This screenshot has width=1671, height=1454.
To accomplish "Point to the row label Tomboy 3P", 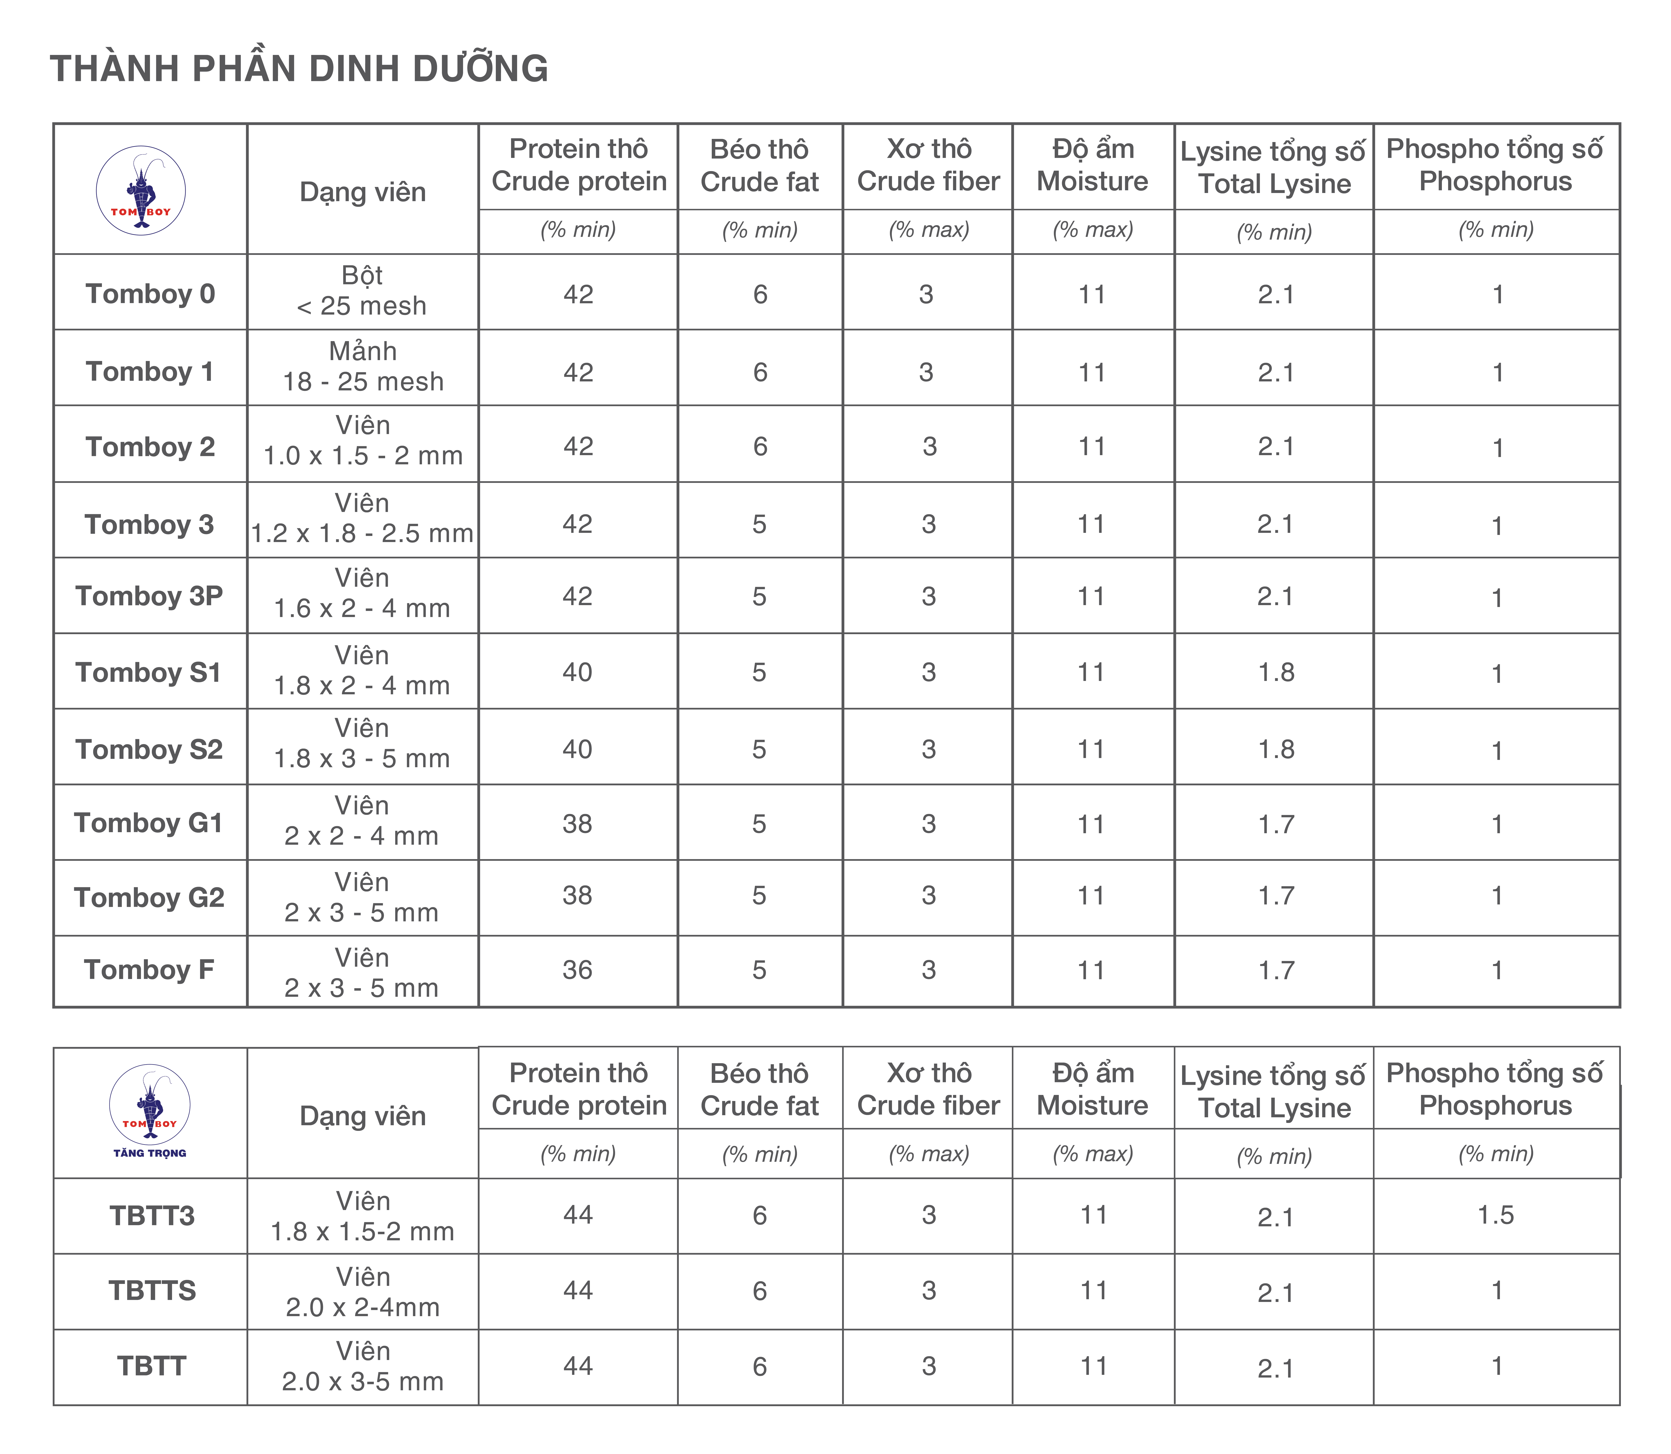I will pos(149,596).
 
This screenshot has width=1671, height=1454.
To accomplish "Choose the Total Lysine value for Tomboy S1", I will pos(1276,673).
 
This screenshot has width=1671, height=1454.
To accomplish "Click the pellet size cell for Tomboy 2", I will pos(363,441).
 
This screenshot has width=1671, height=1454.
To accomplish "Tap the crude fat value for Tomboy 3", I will pos(759,524).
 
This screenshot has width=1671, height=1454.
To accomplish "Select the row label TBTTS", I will pos(152,1291).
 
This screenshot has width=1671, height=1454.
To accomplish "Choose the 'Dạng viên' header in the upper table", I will pos(363,192).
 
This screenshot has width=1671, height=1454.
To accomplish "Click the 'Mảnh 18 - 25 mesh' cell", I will pos(363,367).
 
